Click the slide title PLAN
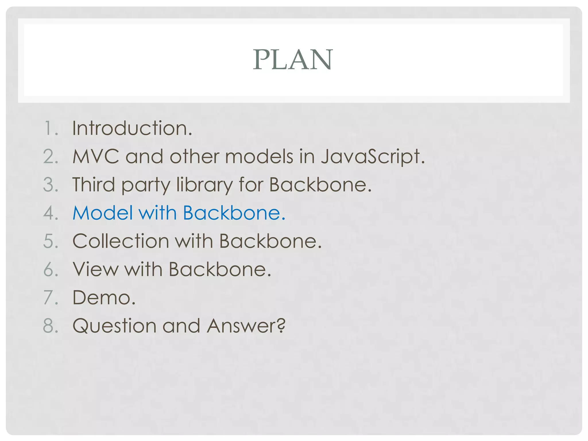coord(293,59)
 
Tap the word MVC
coord(96,156)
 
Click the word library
coord(204,185)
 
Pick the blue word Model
coord(102,213)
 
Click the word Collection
coord(121,241)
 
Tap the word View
coord(95,269)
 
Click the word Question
coord(114,326)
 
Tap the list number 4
coord(49,213)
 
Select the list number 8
coord(49,326)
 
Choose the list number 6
coord(49,269)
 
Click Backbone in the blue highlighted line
coord(231,213)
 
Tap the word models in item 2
coord(259,156)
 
